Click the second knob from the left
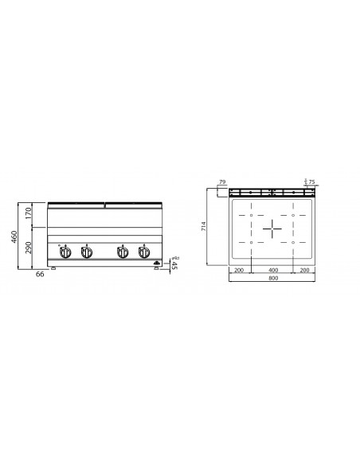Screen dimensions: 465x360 click(86, 253)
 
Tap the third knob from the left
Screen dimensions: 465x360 click(122, 253)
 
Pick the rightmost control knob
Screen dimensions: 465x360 click(143, 253)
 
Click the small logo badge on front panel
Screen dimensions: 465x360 click(156, 260)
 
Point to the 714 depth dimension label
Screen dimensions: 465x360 click(205, 227)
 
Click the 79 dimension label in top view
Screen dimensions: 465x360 click(221, 182)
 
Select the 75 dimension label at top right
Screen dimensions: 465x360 click(311, 182)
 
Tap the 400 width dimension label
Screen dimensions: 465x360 click(272, 271)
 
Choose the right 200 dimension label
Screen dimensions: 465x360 click(305, 271)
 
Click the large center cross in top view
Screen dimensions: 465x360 click(272, 229)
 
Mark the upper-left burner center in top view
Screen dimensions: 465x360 click(251, 216)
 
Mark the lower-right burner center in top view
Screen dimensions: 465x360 click(294, 241)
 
